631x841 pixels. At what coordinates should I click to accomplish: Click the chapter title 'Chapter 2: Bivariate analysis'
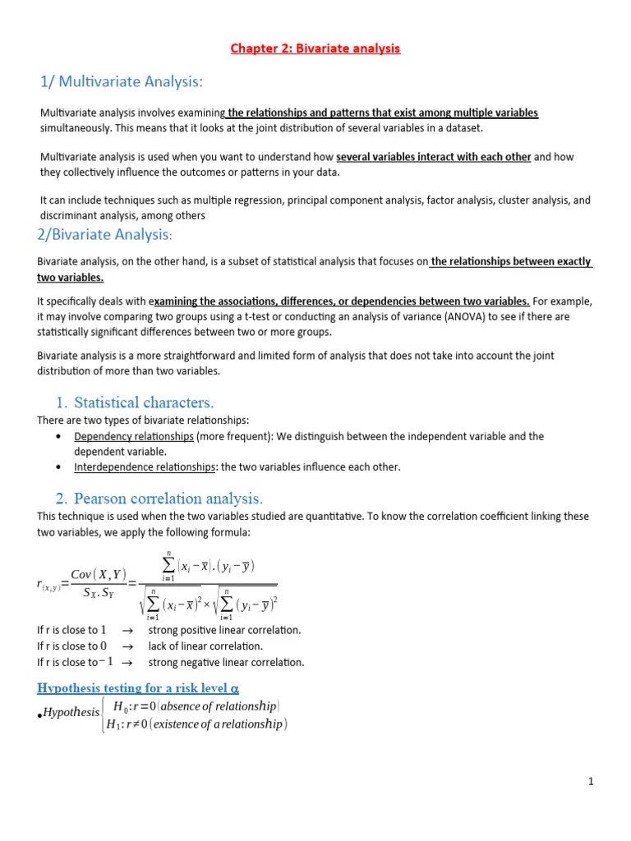[x=315, y=48]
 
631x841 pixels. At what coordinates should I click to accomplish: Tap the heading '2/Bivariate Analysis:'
[x=104, y=236]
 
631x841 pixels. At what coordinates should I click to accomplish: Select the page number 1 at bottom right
[x=590, y=781]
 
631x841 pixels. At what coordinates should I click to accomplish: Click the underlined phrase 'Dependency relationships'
[x=134, y=436]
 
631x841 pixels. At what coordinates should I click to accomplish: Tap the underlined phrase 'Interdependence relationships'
[x=145, y=466]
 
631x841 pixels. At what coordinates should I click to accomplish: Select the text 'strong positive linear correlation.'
[x=224, y=630]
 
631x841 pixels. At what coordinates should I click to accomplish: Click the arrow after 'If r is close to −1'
[x=127, y=662]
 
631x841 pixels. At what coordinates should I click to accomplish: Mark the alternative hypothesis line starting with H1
[x=200, y=724]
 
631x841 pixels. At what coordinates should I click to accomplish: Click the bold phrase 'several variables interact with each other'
[x=434, y=157]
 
